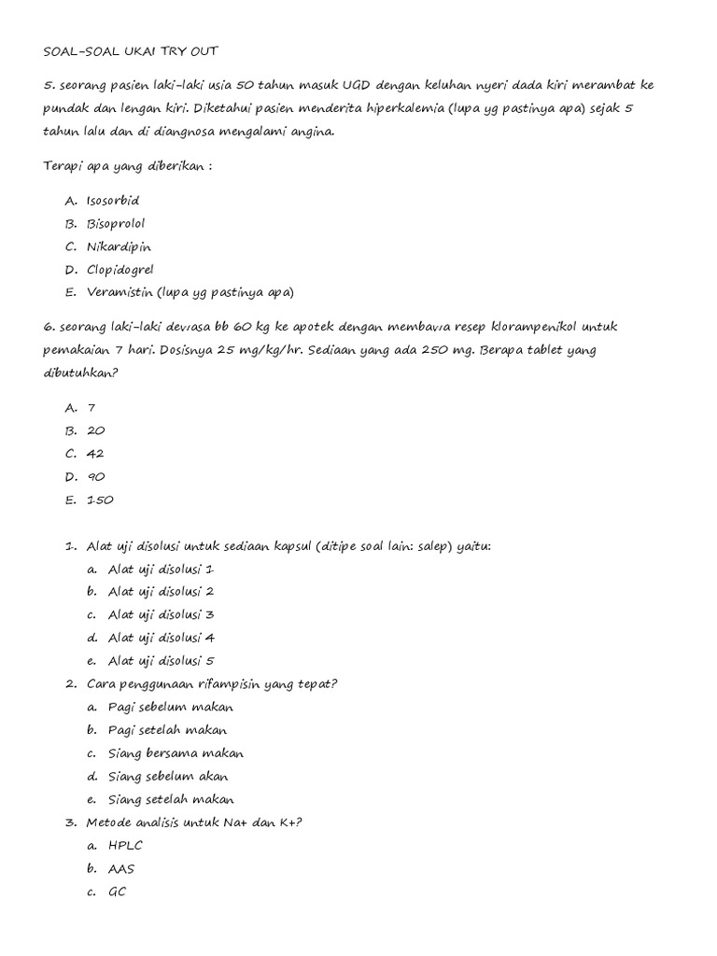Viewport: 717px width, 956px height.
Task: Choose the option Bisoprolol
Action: click(x=115, y=224)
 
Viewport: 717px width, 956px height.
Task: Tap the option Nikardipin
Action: click(x=118, y=246)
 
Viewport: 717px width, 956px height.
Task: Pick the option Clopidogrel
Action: click(x=119, y=270)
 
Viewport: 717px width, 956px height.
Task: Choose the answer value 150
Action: click(x=99, y=499)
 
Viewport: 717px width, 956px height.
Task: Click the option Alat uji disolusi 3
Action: click(x=162, y=614)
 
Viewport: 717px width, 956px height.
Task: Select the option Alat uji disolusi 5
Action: click(x=162, y=661)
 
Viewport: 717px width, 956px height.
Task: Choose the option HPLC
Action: click(x=126, y=845)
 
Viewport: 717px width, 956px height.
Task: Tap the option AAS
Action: click(x=121, y=868)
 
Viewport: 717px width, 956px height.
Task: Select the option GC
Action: click(x=117, y=892)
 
